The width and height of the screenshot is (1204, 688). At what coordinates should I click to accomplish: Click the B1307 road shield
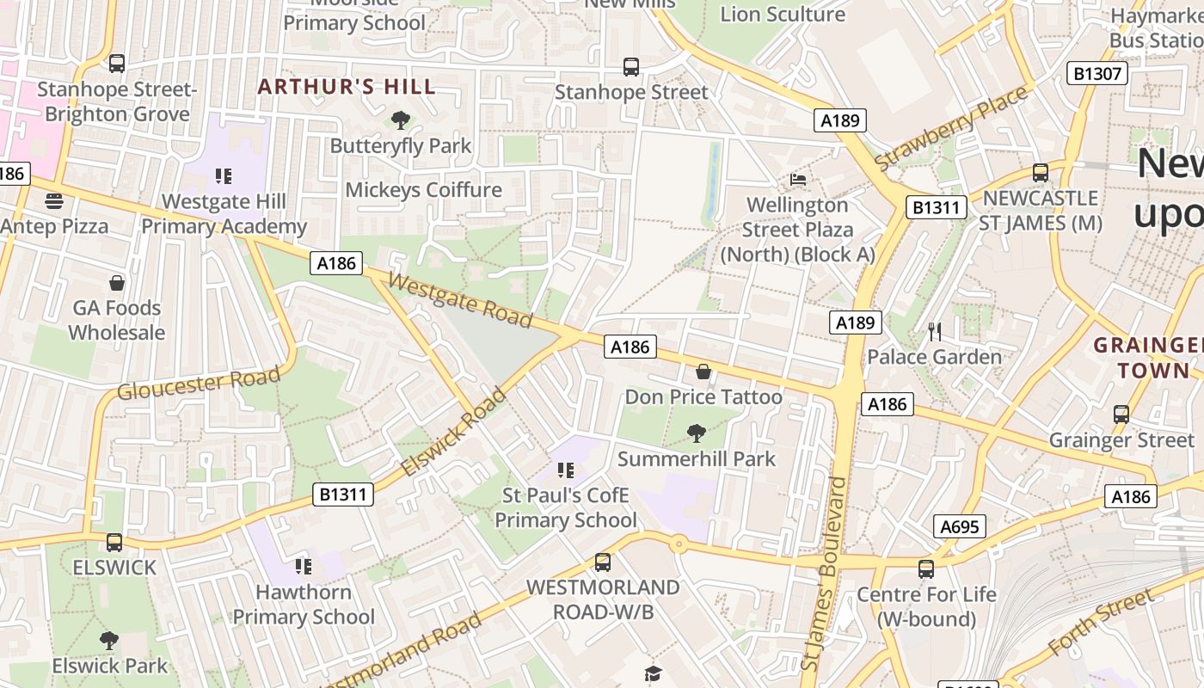tap(1098, 73)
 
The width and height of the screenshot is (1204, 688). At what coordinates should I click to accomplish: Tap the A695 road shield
tap(959, 526)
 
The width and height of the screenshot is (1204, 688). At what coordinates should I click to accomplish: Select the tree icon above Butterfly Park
tap(400, 120)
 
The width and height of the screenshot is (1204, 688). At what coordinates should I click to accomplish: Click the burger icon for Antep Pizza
tap(54, 201)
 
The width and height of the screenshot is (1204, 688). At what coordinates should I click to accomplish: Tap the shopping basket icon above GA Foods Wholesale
tap(117, 283)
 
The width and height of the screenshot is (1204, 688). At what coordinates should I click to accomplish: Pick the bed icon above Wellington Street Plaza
tap(798, 180)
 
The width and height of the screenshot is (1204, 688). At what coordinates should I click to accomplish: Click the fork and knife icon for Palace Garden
tap(935, 331)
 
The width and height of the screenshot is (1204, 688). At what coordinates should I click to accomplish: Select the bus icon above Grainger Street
tap(1121, 415)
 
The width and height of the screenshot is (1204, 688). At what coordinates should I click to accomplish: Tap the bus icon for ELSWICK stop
tap(114, 543)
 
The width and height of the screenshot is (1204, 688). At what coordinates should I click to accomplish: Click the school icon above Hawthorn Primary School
tap(303, 567)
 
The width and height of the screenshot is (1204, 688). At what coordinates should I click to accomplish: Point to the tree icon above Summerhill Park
tap(697, 433)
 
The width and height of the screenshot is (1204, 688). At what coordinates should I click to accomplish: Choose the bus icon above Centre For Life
tap(925, 569)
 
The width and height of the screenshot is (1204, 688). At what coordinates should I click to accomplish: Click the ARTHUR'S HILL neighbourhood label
tap(347, 87)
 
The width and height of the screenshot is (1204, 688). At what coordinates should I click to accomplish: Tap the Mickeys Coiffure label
tap(423, 189)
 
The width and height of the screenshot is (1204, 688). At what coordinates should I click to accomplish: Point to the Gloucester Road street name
tap(199, 383)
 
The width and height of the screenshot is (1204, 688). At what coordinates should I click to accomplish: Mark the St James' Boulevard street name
tap(823, 574)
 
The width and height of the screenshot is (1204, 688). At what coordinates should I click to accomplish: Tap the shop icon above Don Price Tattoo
tap(703, 372)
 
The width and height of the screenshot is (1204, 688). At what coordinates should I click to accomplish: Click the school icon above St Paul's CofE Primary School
tap(565, 470)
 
